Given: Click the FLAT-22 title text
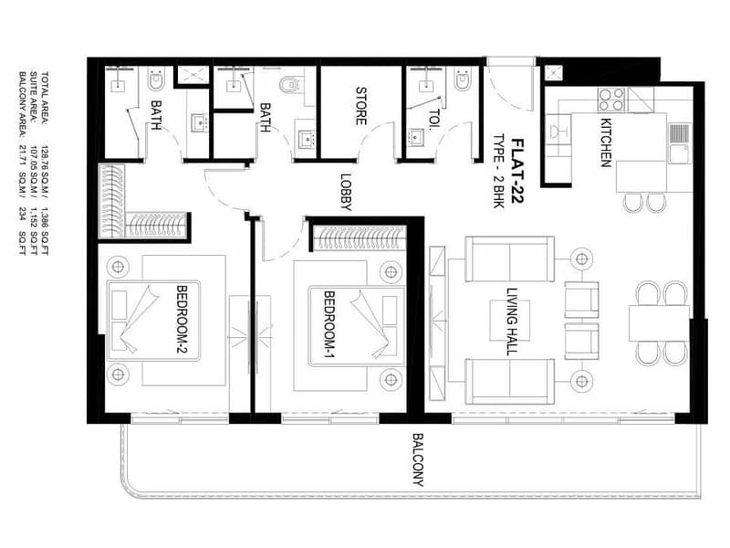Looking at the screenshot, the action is (x=517, y=171).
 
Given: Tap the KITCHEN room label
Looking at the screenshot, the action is (x=605, y=142).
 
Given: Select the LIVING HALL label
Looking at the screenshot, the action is (x=512, y=321).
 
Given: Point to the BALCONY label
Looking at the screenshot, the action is (x=418, y=460).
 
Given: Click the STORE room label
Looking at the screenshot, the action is (x=360, y=106).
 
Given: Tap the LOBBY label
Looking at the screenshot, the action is (x=346, y=192).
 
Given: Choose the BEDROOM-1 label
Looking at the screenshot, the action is (x=329, y=325).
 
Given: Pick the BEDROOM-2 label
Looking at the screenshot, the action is (x=182, y=321).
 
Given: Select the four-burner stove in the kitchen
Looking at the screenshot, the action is (x=611, y=100).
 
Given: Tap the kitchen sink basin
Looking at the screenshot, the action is (x=679, y=153).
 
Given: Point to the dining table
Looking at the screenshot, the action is (x=659, y=323).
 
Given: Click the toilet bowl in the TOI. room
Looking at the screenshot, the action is (x=463, y=80).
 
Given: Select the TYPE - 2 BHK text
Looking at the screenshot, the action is (x=499, y=171).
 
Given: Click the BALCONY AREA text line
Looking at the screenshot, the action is (x=22, y=163).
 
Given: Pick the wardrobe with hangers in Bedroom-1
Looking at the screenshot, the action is (x=359, y=238).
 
